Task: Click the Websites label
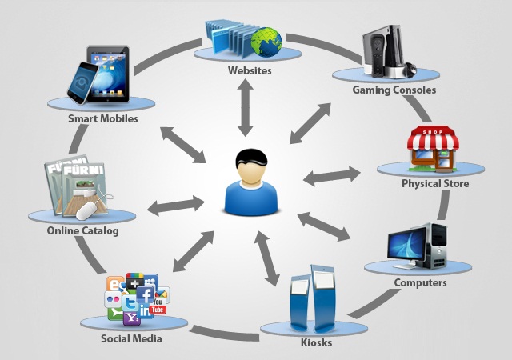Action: (x=249, y=71)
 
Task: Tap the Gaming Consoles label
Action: (x=394, y=90)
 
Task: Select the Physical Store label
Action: (x=435, y=185)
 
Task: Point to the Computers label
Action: (x=420, y=282)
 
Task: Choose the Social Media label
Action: (x=132, y=338)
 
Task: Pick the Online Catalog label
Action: (x=82, y=231)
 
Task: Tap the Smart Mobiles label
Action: (x=103, y=118)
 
